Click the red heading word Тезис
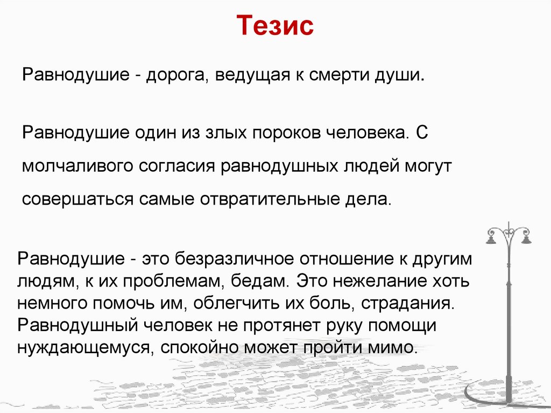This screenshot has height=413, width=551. (275, 25)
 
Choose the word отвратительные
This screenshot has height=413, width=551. (267, 199)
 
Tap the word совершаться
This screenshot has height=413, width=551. (77, 200)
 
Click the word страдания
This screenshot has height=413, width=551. (408, 304)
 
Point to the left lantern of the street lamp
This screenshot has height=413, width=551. (490, 240)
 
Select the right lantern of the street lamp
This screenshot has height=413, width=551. (526, 239)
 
